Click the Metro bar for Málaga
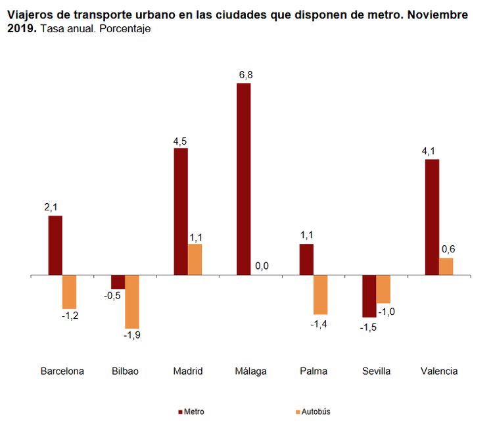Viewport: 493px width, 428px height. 243,179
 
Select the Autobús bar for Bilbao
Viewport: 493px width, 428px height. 132,302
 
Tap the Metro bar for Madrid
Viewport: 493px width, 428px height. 181,212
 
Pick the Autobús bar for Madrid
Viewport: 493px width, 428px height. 195,260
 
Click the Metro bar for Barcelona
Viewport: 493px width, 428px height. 55,245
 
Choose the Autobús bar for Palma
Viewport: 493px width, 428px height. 320,295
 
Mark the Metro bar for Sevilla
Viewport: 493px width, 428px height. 369,297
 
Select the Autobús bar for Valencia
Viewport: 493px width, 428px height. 446,267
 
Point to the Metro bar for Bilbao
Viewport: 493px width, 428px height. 118,282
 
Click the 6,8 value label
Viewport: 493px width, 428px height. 245,75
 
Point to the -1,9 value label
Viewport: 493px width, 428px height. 132,335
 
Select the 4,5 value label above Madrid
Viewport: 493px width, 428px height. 181,139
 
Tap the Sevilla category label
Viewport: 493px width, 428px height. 376,371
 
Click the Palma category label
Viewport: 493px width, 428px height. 313,371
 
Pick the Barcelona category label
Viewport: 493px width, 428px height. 62,371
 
